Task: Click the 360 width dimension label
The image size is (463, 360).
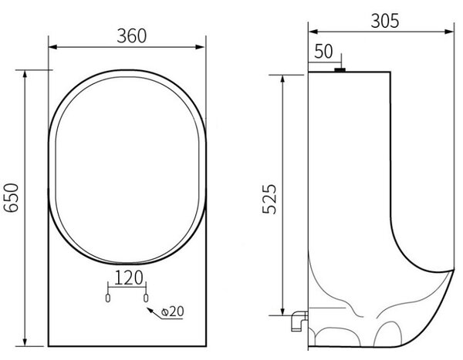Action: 132,36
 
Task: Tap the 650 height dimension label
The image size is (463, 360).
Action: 12,197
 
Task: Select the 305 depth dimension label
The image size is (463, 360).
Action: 385,21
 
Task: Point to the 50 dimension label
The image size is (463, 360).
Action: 323,52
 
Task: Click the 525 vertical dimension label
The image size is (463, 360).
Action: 269,199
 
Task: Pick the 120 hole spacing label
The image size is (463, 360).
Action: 128,278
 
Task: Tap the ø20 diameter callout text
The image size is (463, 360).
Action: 173,311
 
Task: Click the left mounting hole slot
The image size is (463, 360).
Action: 108,298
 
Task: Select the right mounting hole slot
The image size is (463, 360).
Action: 146,298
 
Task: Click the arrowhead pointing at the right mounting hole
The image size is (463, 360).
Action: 150,310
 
